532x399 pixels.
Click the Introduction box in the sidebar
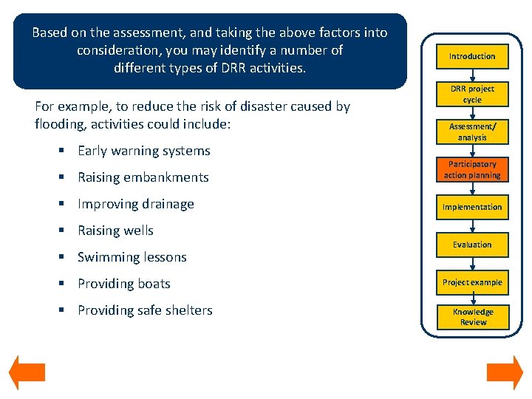(x=472, y=56)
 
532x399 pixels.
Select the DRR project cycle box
(x=472, y=94)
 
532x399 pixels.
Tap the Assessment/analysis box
(x=472, y=132)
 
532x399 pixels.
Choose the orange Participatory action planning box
(x=472, y=170)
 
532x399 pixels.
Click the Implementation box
(x=472, y=208)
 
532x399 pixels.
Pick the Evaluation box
(x=472, y=245)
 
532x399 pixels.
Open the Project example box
(x=472, y=282)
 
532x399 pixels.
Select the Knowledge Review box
(x=472, y=317)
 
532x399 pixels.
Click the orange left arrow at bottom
(x=27, y=373)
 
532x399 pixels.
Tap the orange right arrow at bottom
(x=505, y=373)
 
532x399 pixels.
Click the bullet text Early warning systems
(x=144, y=151)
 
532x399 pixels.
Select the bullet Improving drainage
(x=136, y=204)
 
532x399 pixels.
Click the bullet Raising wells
(x=115, y=231)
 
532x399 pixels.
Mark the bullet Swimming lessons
(x=132, y=257)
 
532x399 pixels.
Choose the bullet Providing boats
(x=124, y=284)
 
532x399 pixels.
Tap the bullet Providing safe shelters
(x=145, y=310)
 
